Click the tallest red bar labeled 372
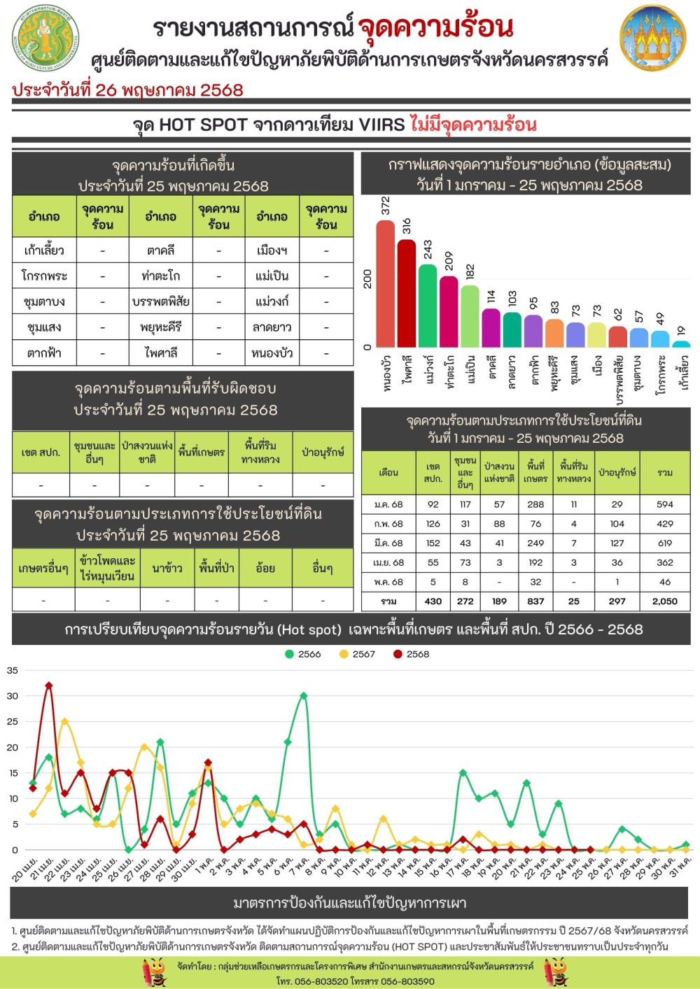pos(385,283)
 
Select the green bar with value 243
pos(428,306)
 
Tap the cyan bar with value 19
pos(681,343)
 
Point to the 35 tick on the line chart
pos(13,670)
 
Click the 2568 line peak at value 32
pos(49,685)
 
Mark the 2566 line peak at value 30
pos(304,696)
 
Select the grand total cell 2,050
pos(664,601)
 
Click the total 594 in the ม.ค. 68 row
pos(664,504)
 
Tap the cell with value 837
pos(535,601)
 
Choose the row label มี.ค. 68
pos(388,543)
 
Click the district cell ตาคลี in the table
pos(160,250)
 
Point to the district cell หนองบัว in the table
pos(272,353)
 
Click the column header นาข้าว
pos(167,569)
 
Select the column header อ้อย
pos(265,569)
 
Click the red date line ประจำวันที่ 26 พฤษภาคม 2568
pos(127,90)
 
